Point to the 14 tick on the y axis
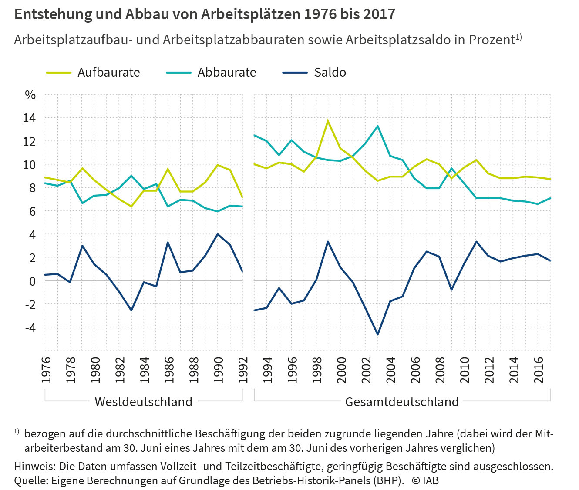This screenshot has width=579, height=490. tap(30, 118)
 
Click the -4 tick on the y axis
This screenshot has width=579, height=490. tap(30, 327)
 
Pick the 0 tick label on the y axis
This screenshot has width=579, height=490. tap(32, 281)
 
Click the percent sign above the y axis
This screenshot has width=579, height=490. tap(30, 95)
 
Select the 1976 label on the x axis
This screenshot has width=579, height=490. tap(46, 370)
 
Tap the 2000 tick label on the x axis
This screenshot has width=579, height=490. tap(342, 370)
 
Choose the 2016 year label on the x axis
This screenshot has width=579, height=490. tap(539, 370)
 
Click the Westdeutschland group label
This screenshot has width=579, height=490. tap(143, 401)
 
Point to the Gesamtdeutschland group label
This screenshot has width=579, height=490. tap(402, 401)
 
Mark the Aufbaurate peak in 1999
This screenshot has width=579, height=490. tap(328, 121)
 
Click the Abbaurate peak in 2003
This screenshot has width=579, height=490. tap(377, 126)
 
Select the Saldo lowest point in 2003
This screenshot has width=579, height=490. tap(377, 334)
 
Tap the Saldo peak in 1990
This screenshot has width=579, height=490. tap(218, 234)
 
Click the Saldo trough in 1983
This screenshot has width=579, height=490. tap(131, 310)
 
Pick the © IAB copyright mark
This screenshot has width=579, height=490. tap(425, 480)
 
